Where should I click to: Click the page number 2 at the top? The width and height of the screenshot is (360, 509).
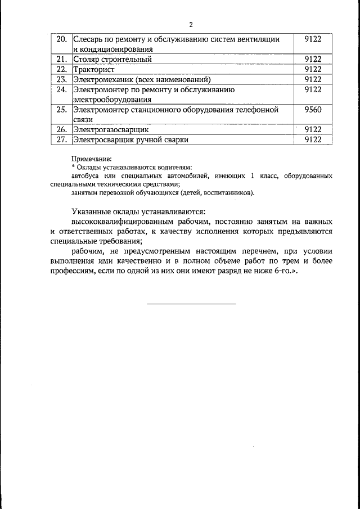click(191, 25)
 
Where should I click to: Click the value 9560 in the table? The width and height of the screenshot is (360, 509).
click(312, 110)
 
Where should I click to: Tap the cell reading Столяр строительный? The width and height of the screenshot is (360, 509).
click(112, 59)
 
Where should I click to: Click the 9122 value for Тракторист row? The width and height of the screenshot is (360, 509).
click(312, 69)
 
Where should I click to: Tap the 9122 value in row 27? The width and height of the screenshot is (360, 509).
click(312, 140)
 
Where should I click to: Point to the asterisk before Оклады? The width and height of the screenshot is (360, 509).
click(73, 167)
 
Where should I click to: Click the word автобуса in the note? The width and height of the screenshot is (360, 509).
click(85, 176)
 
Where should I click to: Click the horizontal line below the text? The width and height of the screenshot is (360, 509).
click(192, 304)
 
